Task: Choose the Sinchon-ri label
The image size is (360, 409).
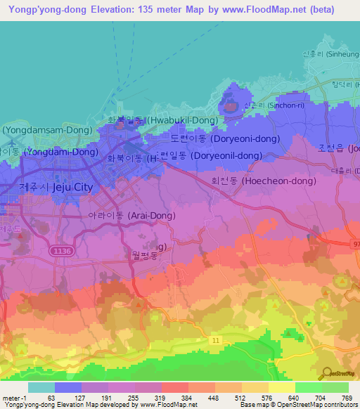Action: (x=271, y=105)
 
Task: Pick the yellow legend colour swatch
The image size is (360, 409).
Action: (x=282, y=387)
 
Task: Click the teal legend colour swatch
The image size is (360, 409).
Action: (x=41, y=387)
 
